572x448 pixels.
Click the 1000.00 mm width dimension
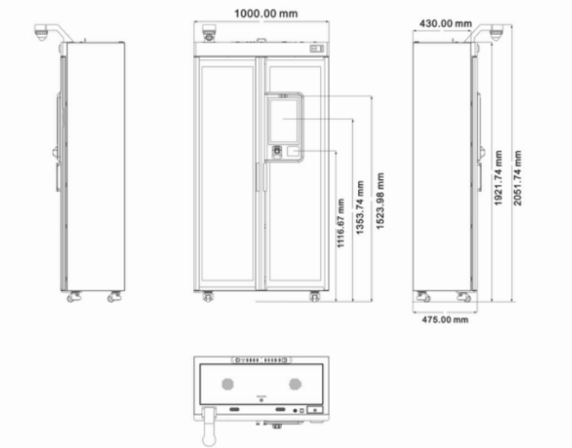[x=266, y=14]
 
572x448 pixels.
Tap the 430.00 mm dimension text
[x=445, y=24]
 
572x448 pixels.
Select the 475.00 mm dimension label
[x=445, y=320]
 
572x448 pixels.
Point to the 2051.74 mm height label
[x=517, y=178]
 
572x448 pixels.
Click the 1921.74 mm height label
[x=498, y=178]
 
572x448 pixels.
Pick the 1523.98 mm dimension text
[x=380, y=201]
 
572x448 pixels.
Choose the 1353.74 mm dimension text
[x=360, y=207]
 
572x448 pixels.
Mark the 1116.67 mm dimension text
[x=341, y=223]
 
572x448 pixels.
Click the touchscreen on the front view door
[x=283, y=121]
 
